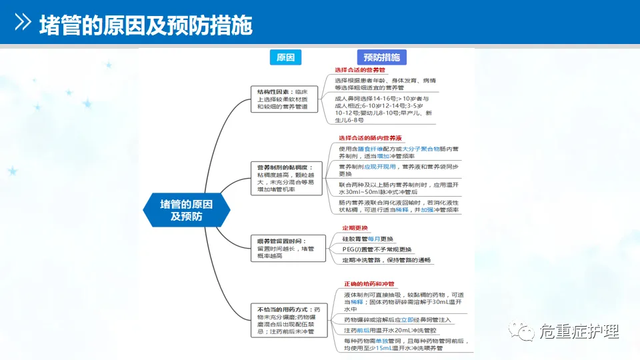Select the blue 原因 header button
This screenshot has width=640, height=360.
(x=285, y=57)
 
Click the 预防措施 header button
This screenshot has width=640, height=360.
(x=381, y=57)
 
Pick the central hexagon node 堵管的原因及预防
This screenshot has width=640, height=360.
(x=187, y=209)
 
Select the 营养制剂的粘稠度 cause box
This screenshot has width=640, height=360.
(x=285, y=177)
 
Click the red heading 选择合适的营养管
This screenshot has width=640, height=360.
(x=360, y=70)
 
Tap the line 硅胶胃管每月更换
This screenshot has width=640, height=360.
(x=367, y=239)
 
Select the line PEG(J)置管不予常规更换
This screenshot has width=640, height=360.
(x=377, y=249)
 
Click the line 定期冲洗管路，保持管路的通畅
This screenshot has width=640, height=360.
(x=387, y=260)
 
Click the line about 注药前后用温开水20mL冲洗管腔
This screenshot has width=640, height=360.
(x=389, y=331)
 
